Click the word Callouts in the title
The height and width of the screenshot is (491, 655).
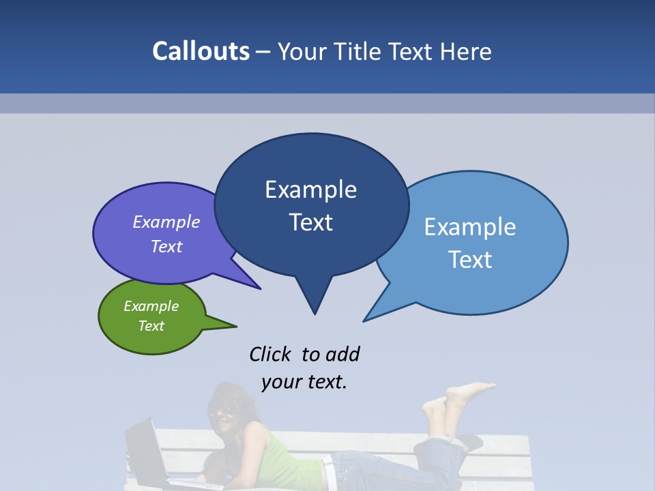(x=201, y=51)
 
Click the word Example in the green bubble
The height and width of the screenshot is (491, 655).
(x=151, y=306)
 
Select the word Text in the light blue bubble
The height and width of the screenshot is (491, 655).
(x=470, y=260)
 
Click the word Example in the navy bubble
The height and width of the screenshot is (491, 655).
(x=311, y=190)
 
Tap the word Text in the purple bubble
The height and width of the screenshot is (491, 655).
(x=166, y=246)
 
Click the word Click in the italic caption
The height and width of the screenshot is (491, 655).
(x=270, y=354)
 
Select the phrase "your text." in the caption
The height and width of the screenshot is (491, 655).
(x=304, y=382)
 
